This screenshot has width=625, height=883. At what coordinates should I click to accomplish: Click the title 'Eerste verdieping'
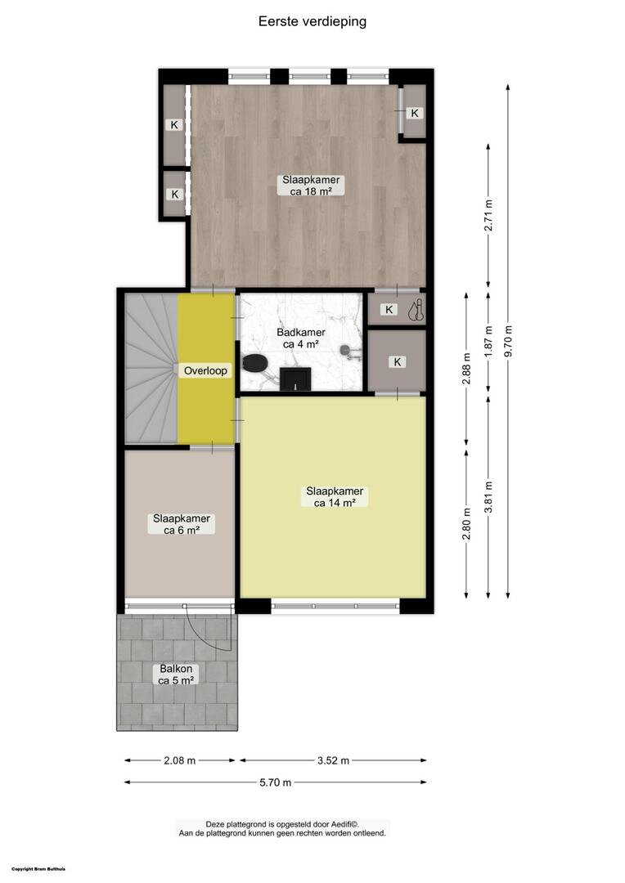[312, 21]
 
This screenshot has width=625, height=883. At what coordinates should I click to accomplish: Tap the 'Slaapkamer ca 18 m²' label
[311, 186]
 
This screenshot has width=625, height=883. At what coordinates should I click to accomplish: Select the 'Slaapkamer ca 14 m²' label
[335, 497]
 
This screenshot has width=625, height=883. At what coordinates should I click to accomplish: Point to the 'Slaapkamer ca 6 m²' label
[182, 524]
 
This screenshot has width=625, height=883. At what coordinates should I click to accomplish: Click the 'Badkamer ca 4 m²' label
[300, 338]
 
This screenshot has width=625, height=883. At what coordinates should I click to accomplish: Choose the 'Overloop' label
[205, 370]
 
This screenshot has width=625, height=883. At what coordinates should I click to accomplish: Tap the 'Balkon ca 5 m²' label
[176, 675]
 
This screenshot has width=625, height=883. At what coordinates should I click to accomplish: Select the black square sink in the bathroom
[295, 379]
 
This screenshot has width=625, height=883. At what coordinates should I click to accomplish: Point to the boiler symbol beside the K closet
[416, 311]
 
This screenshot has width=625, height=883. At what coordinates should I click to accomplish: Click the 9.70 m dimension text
[508, 341]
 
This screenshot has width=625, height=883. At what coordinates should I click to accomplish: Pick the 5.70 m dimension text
[276, 782]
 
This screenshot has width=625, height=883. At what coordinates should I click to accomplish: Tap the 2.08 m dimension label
[180, 760]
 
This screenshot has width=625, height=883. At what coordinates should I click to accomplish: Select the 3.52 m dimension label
[333, 760]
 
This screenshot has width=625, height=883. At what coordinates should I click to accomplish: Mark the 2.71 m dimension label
[488, 215]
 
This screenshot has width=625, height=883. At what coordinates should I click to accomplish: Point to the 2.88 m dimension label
[466, 369]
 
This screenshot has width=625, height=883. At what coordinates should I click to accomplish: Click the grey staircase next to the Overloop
[151, 368]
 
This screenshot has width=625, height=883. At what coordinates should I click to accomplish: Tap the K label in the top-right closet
[415, 113]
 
